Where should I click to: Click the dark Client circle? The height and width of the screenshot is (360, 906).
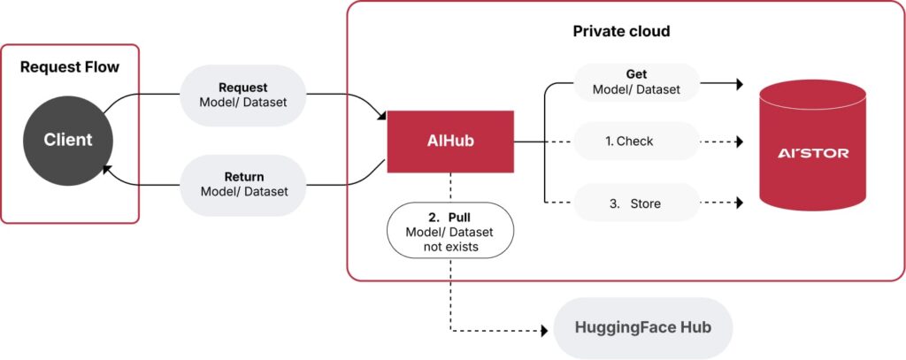pos(68,140)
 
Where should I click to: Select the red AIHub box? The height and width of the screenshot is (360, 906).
pos(450,141)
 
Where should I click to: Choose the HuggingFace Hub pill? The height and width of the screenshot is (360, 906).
pos(642,327)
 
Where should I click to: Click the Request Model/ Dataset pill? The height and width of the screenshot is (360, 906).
pos(242,96)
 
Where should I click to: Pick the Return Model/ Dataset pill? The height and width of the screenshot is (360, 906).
pos(243,184)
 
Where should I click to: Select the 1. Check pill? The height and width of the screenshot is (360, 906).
pos(636,141)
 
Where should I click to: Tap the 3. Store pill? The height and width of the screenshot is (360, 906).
pos(636,203)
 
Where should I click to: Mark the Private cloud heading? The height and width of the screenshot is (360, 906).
pos(621,32)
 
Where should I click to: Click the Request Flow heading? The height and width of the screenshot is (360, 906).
pos(69,66)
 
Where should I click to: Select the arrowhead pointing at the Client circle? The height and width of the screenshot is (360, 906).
pos(108,168)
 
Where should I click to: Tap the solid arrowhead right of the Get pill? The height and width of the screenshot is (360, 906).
pos(737,86)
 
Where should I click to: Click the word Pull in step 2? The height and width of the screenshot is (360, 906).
pos(459,216)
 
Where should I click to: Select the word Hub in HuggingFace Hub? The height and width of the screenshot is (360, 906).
pos(694,327)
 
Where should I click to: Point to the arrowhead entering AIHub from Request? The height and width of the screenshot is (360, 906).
pos(382,113)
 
